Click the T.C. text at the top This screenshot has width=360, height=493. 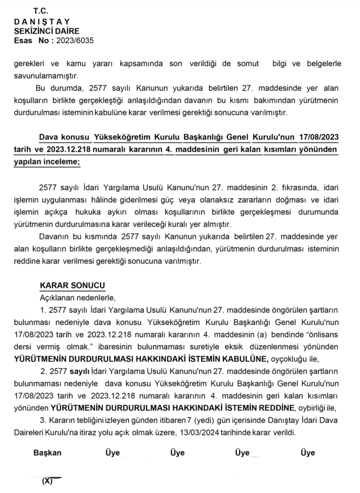pos(42,11)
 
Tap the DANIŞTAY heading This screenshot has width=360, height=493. pos(42,21)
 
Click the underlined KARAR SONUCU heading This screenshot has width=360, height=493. pos(72,286)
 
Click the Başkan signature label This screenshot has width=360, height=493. pos(47,453)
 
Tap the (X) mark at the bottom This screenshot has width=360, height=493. pos(47,481)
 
